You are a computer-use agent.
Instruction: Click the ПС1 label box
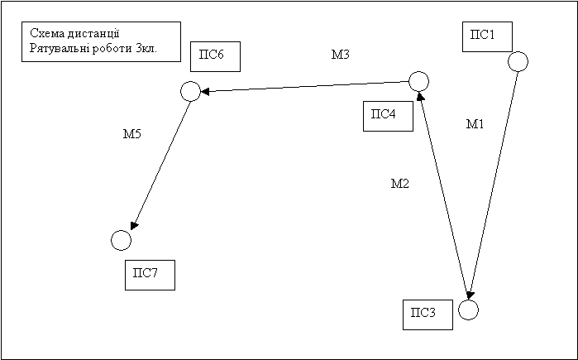(487, 37)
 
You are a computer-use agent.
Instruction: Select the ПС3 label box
(428, 315)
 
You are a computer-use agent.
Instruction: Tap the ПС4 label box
(388, 116)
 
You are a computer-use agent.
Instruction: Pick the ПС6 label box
(215, 57)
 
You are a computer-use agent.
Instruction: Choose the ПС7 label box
(150, 275)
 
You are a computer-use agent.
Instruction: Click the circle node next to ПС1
(518, 61)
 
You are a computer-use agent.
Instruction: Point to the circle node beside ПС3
(468, 310)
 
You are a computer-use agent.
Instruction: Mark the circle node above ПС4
(418, 81)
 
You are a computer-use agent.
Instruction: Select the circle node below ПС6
(190, 90)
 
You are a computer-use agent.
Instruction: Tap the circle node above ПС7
(121, 240)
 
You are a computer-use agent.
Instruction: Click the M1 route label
(475, 125)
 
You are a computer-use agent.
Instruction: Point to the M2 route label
(399, 184)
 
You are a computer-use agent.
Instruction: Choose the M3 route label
(340, 55)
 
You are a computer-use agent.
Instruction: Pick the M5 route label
(132, 134)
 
